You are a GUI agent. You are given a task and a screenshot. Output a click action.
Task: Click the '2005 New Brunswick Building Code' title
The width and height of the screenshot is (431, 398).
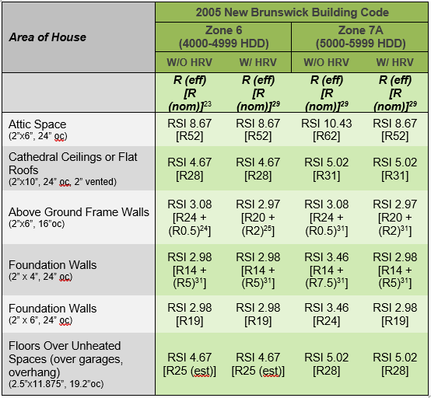pyautogui.click(x=292, y=12)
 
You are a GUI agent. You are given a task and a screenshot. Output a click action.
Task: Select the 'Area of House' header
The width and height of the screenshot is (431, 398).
pyautogui.click(x=47, y=37)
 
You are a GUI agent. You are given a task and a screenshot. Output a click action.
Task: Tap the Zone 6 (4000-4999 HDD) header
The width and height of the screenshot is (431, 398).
pyautogui.click(x=223, y=37)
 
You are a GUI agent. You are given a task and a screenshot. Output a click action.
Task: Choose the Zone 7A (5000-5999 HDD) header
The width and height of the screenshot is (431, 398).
pyautogui.click(x=360, y=37)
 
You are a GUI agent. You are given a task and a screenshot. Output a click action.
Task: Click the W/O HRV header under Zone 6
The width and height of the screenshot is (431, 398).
pyautogui.click(x=189, y=62)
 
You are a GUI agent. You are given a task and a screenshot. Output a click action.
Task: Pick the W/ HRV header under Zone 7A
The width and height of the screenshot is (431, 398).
pyautogui.click(x=394, y=62)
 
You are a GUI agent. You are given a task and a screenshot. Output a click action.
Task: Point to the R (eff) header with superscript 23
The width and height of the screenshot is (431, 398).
pyautogui.click(x=190, y=93)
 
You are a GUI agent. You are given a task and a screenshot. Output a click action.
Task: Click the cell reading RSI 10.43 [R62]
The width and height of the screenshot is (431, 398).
pyautogui.click(x=326, y=130)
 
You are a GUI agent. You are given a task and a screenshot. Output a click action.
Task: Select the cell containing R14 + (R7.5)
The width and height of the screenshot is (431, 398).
pyautogui.click(x=326, y=270)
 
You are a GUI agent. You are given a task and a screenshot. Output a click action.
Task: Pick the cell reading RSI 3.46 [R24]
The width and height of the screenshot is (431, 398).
pyautogui.click(x=326, y=314)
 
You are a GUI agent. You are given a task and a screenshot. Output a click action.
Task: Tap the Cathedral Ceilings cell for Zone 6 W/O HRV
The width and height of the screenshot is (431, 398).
pyautogui.click(x=189, y=169)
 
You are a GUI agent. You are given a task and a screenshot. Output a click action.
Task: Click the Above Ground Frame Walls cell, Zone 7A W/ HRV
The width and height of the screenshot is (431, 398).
pyautogui.click(x=394, y=217)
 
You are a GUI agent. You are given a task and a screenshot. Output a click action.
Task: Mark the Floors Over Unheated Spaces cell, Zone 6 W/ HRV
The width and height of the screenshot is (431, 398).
pyautogui.click(x=258, y=364)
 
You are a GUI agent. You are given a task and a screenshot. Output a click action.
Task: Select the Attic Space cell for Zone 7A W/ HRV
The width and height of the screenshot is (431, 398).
pyautogui.click(x=394, y=130)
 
